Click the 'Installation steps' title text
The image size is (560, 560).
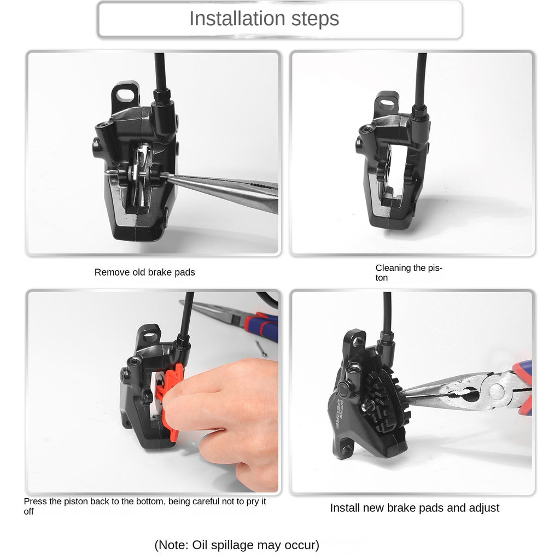pyautogui.click(x=264, y=19)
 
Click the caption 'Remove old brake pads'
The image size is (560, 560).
pyautogui.click(x=144, y=272)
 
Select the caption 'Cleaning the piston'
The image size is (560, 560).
pyautogui.click(x=409, y=272)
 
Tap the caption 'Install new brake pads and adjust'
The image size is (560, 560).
pyautogui.click(x=415, y=508)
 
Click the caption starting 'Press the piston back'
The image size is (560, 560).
pyautogui.click(x=144, y=506)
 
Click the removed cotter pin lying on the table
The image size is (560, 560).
pyautogui.click(x=261, y=348)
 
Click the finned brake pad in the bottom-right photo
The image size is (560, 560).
pyautogui.click(x=388, y=403)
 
